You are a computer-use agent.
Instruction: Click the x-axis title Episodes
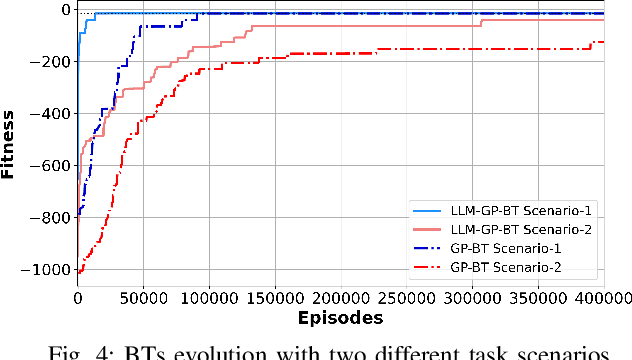pyautogui.click(x=340, y=318)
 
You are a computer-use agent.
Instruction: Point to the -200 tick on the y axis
pyautogui.click(x=52, y=62)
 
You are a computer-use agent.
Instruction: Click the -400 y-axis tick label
pyautogui.click(x=52, y=114)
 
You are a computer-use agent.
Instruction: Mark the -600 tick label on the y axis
pyautogui.click(x=52, y=166)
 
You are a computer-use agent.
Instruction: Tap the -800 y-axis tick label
pyautogui.click(x=52, y=218)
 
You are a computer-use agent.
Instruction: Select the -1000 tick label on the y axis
pyautogui.click(x=48, y=270)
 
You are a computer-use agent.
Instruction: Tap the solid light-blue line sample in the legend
pyautogui.click(x=426, y=212)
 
